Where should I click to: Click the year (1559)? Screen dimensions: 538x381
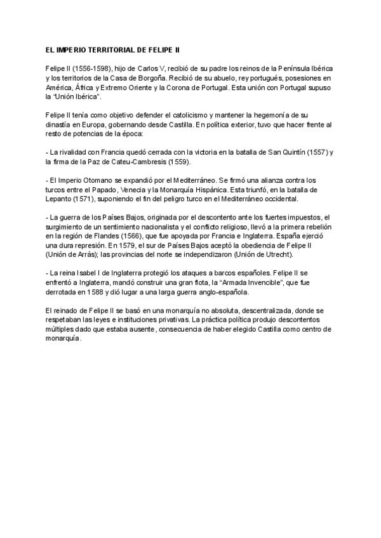coord(183,163)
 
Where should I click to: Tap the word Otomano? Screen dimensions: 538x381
coord(95,181)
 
